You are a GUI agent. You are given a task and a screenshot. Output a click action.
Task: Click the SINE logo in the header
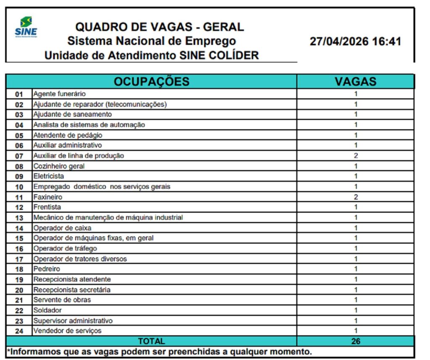(x=26, y=26)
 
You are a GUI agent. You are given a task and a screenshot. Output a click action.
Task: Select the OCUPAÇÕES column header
(x=152, y=81)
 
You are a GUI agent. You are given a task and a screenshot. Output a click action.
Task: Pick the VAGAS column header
(x=355, y=81)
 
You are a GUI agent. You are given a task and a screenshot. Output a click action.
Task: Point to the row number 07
(x=19, y=156)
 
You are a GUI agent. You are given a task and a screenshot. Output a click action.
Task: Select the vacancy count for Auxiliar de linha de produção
(x=356, y=156)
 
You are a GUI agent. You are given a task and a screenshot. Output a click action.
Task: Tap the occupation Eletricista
(x=49, y=176)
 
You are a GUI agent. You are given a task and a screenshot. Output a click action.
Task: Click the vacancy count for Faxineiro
(x=356, y=197)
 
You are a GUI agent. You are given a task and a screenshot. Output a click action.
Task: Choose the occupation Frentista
(x=47, y=207)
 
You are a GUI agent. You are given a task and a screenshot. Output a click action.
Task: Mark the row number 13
(x=19, y=218)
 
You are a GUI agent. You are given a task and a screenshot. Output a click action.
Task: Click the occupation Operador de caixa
(x=62, y=228)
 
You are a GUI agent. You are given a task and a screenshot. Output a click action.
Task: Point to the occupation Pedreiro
(x=47, y=269)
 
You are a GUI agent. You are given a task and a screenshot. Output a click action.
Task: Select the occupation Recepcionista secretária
(x=72, y=290)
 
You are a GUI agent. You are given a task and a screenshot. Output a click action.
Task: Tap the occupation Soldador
(x=47, y=310)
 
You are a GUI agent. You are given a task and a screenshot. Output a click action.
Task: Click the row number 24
(x=19, y=331)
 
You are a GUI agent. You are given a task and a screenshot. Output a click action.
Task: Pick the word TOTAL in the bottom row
(x=152, y=341)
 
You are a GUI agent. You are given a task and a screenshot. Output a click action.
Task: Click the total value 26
(x=356, y=341)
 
